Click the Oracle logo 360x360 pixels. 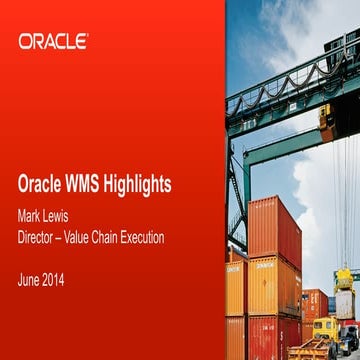point(53,41)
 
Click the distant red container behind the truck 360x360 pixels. point(313,301)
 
